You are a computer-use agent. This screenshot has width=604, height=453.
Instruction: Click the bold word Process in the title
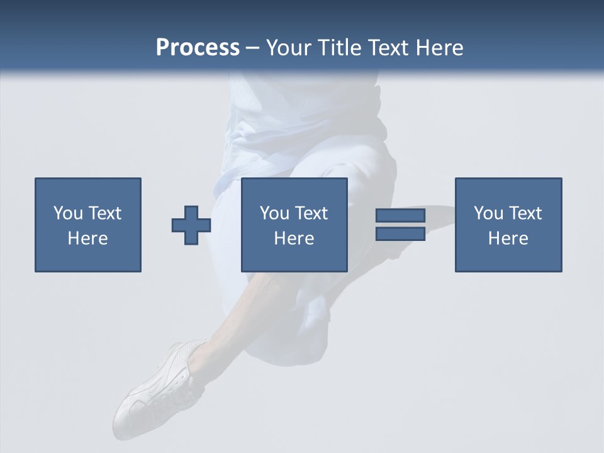click(x=198, y=48)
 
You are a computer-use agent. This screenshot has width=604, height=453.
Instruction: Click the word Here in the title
click(x=442, y=48)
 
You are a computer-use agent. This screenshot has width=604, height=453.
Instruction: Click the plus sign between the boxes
click(x=191, y=225)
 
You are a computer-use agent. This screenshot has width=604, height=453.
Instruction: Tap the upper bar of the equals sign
click(x=400, y=216)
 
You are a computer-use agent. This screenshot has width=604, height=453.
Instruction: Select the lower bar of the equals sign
click(x=400, y=234)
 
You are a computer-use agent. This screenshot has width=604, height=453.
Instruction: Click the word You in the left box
click(x=68, y=213)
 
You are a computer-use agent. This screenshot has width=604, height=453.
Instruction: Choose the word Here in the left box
click(x=87, y=238)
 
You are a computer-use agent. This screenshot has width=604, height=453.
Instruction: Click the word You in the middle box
click(x=274, y=213)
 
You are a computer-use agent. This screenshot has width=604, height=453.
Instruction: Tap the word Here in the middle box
click(x=294, y=238)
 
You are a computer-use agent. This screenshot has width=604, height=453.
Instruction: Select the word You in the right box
click(x=488, y=213)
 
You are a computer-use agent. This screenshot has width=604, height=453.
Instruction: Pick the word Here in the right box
click(x=508, y=238)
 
